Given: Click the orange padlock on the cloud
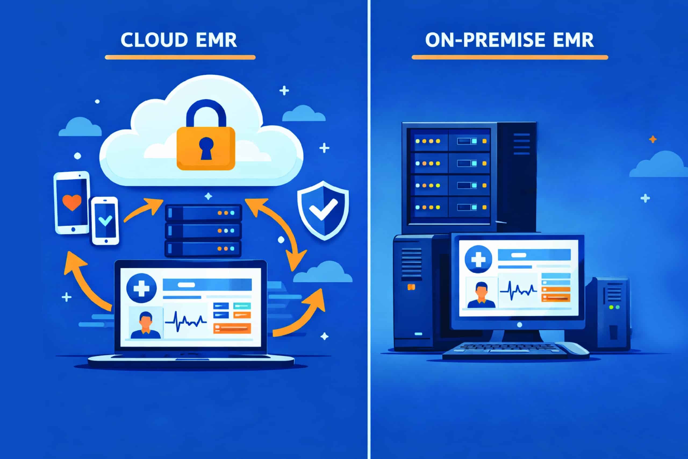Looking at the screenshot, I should pyautogui.click(x=206, y=148).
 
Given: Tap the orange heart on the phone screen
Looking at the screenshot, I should pyautogui.click(x=72, y=202).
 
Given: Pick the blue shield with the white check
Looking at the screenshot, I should pyautogui.click(x=323, y=210).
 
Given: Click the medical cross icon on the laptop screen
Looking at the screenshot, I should pyautogui.click(x=142, y=288).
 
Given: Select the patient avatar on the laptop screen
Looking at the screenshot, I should pyautogui.click(x=145, y=325).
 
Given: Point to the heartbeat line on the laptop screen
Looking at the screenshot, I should pyautogui.click(x=186, y=321).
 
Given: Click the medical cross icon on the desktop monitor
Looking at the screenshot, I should pyautogui.click(x=478, y=259).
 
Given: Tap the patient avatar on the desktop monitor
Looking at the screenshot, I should pyautogui.click(x=482, y=295).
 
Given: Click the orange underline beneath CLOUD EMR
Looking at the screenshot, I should pyautogui.click(x=180, y=57).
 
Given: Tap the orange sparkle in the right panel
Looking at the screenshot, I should pyautogui.click(x=653, y=139).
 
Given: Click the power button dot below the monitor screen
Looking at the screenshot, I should pyautogui.click(x=519, y=325).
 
